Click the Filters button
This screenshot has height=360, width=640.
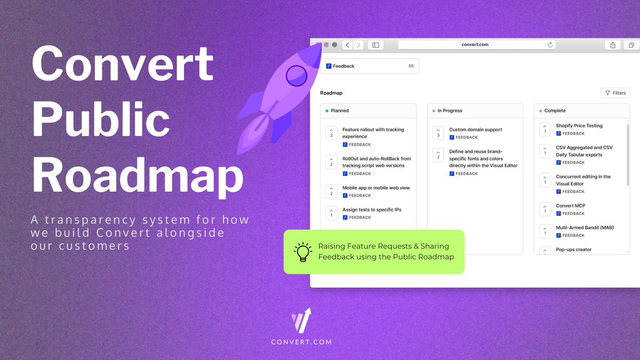tap(615, 93)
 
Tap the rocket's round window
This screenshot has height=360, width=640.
tap(297, 76)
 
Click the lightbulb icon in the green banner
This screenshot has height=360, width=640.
tap(303, 252)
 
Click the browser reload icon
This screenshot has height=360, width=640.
tap(550, 45)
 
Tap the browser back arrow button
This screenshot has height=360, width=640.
tap(347, 45)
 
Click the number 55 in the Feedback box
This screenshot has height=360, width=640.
tap(411, 66)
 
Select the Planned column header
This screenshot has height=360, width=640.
tap(340, 111)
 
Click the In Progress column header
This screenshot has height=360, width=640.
tap(450, 111)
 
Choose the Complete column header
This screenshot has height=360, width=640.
tap(555, 111)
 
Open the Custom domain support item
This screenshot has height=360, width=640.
tap(475, 130)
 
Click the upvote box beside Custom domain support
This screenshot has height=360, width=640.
tap(438, 133)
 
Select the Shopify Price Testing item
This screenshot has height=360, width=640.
tap(579, 126)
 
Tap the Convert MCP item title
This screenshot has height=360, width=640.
tap(570, 206)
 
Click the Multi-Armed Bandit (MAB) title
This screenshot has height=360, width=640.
tap(585, 228)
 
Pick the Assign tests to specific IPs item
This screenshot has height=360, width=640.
tap(372, 210)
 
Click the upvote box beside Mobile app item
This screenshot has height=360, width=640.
tap(331, 191)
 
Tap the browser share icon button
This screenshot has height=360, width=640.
tap(613, 45)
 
